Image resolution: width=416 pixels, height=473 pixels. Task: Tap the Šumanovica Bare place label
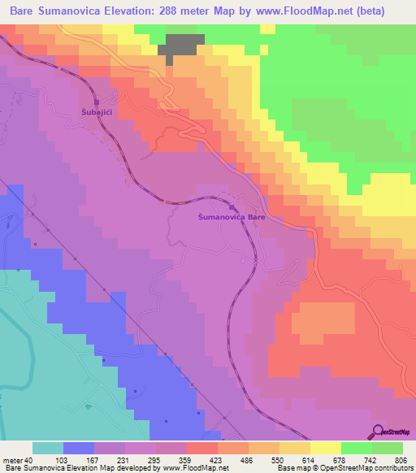click(232, 218)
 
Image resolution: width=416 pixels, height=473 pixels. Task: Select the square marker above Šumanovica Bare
click(232, 207)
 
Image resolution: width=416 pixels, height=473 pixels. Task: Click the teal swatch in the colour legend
click(47, 448)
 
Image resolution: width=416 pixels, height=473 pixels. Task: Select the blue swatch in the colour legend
click(78, 448)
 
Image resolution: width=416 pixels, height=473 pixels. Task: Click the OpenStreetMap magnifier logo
click(378, 432)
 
